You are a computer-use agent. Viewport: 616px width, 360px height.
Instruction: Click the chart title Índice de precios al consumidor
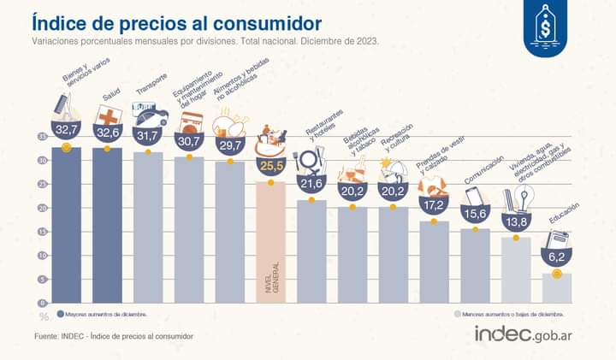point(177,21)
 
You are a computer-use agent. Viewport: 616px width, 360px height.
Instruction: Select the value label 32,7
point(66,129)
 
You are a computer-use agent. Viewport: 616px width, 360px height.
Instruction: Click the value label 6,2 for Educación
point(557,256)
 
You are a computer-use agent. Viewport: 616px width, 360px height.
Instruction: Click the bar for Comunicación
point(475,265)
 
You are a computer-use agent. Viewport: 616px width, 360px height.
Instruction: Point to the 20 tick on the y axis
point(43,208)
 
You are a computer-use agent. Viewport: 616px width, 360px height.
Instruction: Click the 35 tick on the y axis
point(43,137)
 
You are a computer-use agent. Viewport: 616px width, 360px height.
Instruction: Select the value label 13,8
point(516,221)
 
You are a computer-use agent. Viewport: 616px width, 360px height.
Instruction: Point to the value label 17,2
point(434,206)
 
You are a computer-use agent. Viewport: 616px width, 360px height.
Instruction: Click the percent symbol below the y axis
point(43,317)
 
